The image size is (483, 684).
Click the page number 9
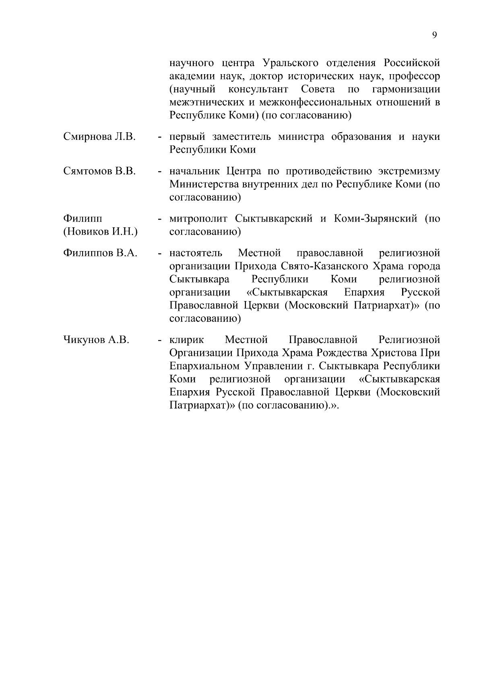[x=434, y=35]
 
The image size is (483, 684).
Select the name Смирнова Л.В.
[x=99, y=137]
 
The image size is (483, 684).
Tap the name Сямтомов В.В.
[x=99, y=171]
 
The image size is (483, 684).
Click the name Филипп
[x=83, y=219]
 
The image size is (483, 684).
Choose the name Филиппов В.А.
[x=100, y=253]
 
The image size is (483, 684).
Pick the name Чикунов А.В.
[x=96, y=340]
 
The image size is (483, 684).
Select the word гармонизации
[x=406, y=89]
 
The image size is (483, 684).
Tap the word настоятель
[x=196, y=253]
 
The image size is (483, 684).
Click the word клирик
[x=187, y=340]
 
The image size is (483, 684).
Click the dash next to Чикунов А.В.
[x=160, y=341]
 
